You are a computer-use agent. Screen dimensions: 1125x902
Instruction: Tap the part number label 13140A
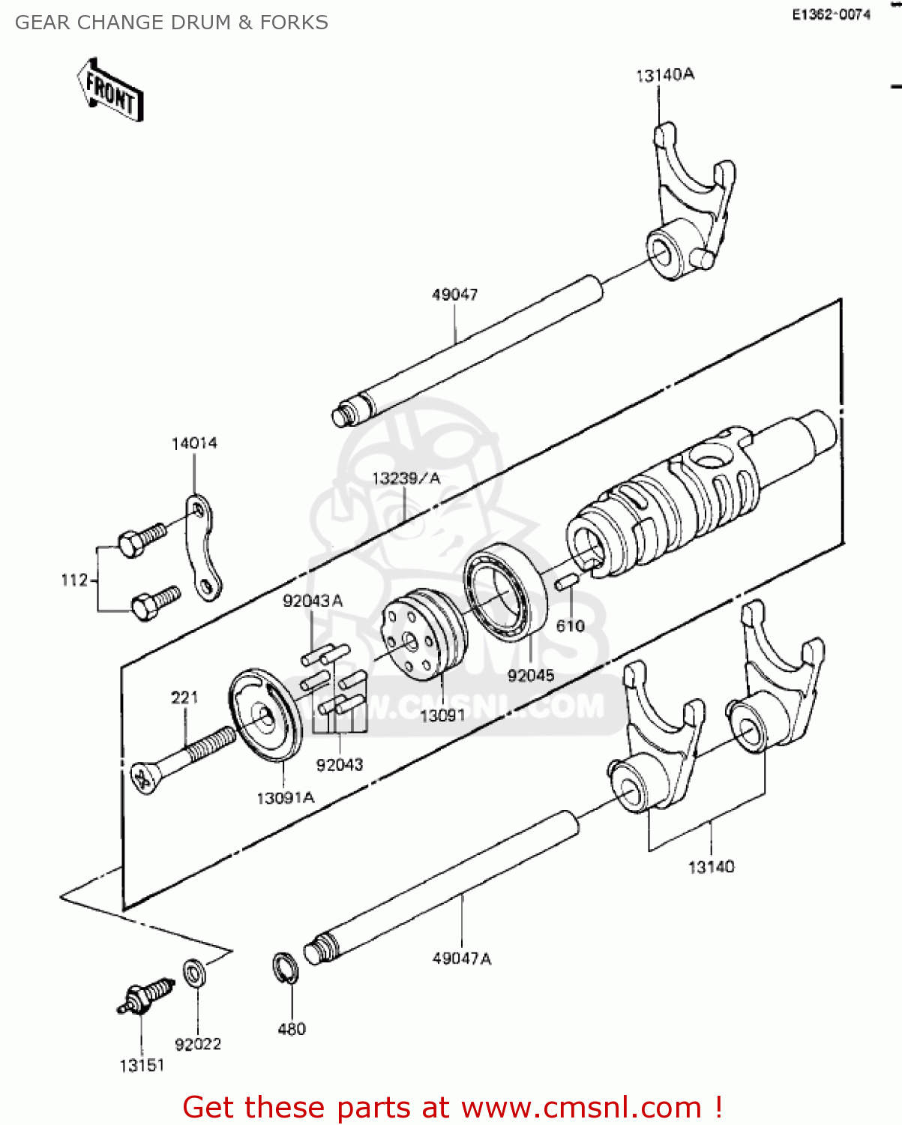pyautogui.click(x=664, y=75)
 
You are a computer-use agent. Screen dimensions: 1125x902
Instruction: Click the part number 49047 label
pyautogui.click(x=454, y=295)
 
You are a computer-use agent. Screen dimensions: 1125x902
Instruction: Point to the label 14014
pyautogui.click(x=194, y=443)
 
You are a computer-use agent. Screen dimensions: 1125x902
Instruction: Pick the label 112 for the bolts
pyautogui.click(x=73, y=580)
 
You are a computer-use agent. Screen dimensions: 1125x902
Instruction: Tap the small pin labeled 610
pyautogui.click(x=566, y=582)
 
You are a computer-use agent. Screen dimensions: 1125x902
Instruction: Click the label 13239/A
pyautogui.click(x=406, y=478)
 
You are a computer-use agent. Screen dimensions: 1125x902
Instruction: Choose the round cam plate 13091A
pyautogui.click(x=266, y=716)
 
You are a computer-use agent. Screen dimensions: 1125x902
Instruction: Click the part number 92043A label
pyautogui.click(x=312, y=601)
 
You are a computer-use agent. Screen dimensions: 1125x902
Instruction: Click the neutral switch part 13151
pyautogui.click(x=146, y=996)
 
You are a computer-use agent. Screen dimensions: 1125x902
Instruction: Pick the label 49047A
pyautogui.click(x=461, y=958)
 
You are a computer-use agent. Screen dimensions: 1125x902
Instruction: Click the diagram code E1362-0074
pyautogui.click(x=831, y=14)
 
